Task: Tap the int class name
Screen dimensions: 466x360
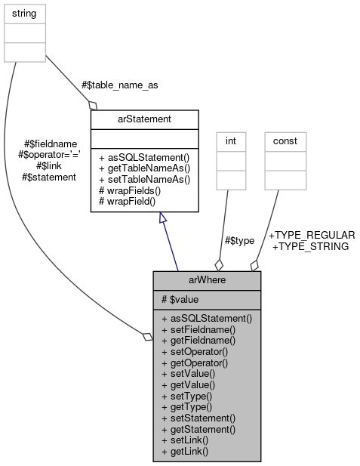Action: pos(231,140)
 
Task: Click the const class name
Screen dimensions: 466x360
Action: pos(285,140)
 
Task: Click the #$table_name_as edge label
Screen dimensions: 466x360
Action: pos(120,85)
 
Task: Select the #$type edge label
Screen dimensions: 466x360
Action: pos(239,240)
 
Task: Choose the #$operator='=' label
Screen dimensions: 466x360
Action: pos(49,155)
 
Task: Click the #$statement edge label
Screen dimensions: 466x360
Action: pos(50,177)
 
